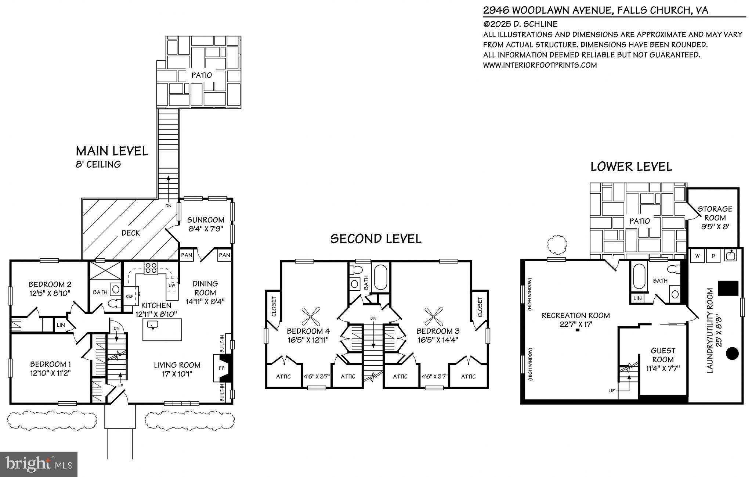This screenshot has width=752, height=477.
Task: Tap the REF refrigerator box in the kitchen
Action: [130, 295]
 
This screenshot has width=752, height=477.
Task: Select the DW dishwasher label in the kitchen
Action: [171, 285]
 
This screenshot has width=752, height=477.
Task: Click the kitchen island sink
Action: [152, 324]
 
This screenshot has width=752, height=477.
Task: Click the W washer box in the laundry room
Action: [697, 256]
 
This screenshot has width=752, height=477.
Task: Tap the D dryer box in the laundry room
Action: [713, 256]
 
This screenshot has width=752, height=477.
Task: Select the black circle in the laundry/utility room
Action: [732, 353]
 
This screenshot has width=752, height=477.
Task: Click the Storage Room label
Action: [715, 213]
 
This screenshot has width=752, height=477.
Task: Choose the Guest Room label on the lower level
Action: [663, 355]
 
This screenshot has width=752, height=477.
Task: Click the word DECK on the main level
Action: [131, 233]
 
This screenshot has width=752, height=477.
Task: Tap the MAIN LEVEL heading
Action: [112, 151]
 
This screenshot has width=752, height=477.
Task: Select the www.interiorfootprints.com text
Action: [540, 65]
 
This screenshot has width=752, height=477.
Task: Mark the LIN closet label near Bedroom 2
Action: [61, 325]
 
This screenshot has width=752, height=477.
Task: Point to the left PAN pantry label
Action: [187, 255]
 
